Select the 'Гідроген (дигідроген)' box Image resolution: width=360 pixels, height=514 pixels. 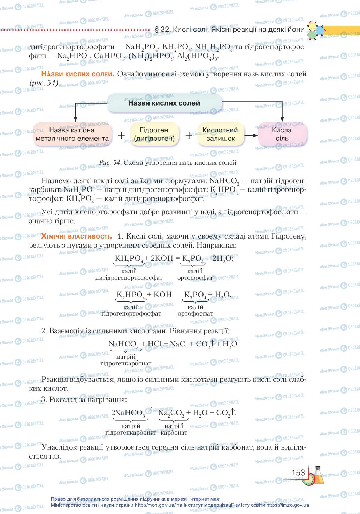[154, 134]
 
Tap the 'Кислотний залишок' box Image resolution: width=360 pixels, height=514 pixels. [220, 134]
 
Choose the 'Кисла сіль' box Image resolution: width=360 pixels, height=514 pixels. [282, 134]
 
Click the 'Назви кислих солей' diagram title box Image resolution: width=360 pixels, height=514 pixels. [164, 103]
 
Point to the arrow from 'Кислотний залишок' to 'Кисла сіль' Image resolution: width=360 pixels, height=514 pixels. [251, 135]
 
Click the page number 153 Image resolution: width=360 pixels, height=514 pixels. [298, 473]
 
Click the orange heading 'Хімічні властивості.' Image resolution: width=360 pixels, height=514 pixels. [76, 236]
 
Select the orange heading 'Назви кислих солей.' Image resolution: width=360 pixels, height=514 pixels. [78, 74]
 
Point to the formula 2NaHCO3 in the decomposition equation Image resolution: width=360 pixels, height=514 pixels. [128, 413]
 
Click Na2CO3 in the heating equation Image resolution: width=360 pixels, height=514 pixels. [171, 413]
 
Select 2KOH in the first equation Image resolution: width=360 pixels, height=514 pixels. [162, 258]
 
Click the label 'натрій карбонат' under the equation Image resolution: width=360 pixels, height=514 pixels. [174, 429]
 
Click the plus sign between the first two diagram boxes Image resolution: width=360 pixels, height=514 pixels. [121, 135]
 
